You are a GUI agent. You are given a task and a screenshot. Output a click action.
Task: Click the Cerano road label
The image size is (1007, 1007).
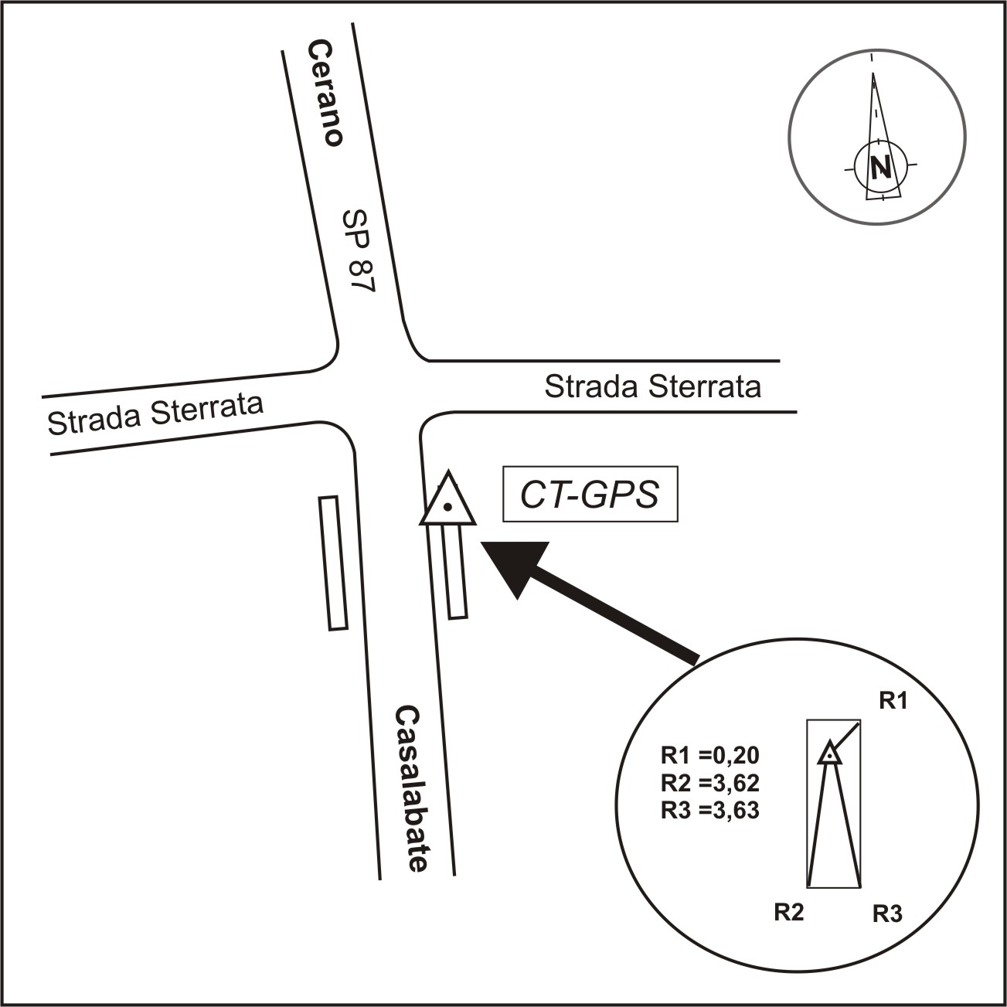325,94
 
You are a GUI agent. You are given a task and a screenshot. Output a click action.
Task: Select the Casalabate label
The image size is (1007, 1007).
413,790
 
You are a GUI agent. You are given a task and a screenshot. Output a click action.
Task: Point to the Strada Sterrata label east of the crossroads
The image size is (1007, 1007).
653,387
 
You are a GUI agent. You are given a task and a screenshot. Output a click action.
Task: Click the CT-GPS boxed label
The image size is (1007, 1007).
590,494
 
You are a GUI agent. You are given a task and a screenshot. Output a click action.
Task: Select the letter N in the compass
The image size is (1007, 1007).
881,168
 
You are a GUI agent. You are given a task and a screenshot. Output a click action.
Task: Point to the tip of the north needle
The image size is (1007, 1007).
873,73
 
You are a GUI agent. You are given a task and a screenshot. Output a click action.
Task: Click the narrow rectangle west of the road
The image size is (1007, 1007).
333,563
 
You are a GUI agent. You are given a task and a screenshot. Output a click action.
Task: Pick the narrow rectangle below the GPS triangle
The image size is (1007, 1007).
454,572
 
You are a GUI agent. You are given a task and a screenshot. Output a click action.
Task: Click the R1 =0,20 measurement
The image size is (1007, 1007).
710,755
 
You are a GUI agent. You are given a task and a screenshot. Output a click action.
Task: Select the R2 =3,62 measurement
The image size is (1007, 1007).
710,783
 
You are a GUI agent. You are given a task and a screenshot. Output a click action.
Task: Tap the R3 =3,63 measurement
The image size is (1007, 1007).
710,810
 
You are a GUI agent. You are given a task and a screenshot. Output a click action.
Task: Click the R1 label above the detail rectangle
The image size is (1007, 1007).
893,701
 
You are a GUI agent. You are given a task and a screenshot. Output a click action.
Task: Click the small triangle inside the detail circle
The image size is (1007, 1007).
829,754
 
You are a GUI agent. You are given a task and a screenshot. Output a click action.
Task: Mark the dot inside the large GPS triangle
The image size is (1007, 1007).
447,506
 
